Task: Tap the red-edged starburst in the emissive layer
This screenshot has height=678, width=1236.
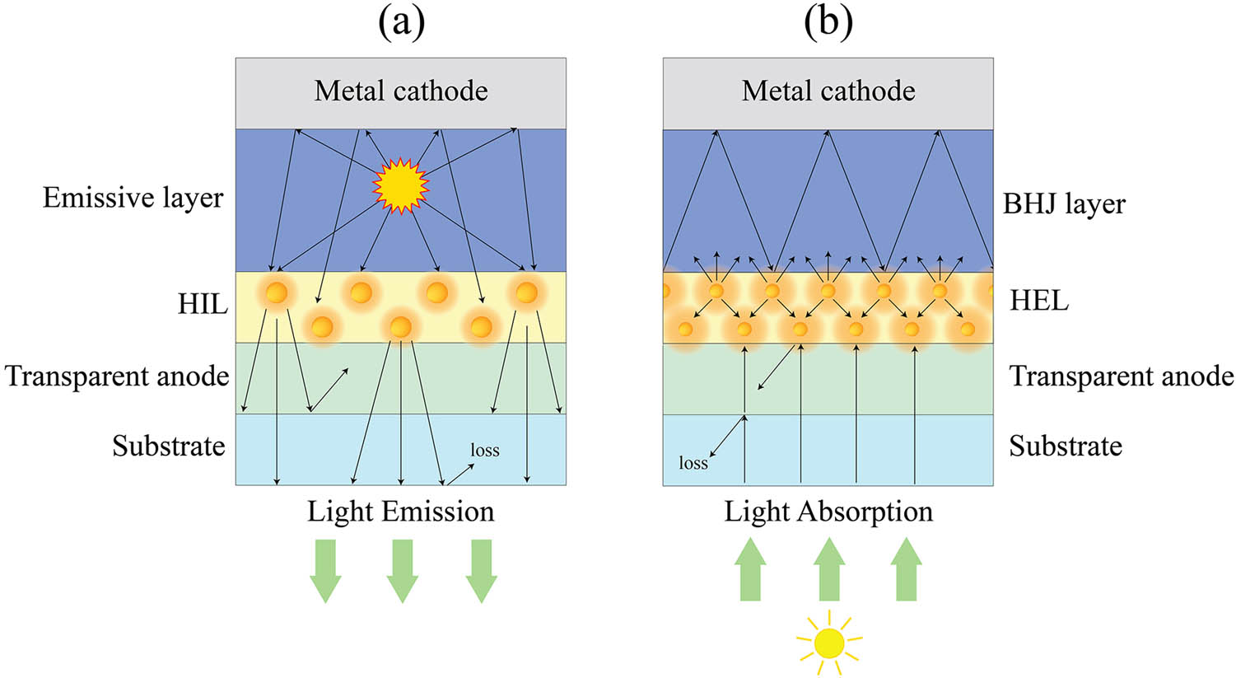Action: [x=401, y=185]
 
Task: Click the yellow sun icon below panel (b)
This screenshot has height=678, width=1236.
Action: [x=829, y=642]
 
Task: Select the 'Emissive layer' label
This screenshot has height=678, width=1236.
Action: [x=133, y=198]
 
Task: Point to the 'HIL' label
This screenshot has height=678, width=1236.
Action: [x=203, y=304]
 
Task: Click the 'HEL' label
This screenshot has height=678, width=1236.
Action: [x=1039, y=301]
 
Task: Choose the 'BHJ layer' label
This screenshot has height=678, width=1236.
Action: [x=1064, y=203]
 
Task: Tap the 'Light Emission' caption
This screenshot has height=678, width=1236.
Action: [x=401, y=512]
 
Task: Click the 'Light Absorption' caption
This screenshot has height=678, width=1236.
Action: [x=828, y=512]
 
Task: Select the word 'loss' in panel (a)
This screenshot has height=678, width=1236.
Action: [x=485, y=450]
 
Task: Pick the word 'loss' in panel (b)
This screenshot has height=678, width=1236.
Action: [x=693, y=463]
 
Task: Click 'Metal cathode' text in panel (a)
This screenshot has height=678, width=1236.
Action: [x=401, y=91]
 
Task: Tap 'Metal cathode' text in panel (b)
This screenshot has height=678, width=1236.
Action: [x=828, y=91]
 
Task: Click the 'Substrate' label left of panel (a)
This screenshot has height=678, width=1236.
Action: [x=169, y=446]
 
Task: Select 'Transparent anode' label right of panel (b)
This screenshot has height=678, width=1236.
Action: [x=1122, y=376]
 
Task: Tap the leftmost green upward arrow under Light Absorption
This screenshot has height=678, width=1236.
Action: [x=750, y=569]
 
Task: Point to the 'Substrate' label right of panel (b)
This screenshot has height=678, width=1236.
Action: [x=1066, y=446]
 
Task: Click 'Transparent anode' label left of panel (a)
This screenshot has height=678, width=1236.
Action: [x=117, y=376]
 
